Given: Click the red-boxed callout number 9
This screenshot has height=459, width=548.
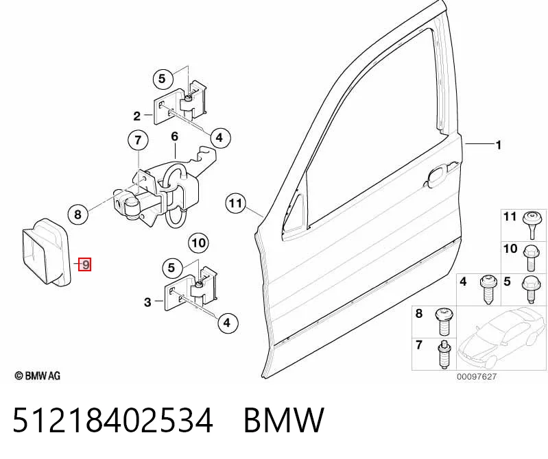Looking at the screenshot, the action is (x=85, y=264).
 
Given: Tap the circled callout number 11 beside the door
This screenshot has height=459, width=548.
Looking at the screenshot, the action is (x=235, y=203).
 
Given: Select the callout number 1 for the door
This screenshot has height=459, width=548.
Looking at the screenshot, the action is (x=499, y=145).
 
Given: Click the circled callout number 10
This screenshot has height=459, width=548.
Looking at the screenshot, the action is (x=198, y=243).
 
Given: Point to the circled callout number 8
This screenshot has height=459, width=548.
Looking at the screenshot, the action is (x=78, y=214).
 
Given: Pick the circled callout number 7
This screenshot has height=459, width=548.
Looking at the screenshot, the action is (x=138, y=140).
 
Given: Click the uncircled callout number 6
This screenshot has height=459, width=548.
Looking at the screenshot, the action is (x=174, y=136).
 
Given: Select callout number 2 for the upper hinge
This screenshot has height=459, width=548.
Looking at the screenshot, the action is (x=137, y=116).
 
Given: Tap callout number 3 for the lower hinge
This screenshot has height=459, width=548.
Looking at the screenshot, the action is (x=147, y=302).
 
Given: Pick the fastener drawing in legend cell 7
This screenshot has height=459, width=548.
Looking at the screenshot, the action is (x=443, y=354).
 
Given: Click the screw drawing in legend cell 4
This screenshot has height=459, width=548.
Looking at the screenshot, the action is (x=488, y=289).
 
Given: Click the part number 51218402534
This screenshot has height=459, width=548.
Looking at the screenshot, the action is (x=113, y=420).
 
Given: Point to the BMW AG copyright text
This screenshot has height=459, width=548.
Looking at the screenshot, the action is (x=38, y=375).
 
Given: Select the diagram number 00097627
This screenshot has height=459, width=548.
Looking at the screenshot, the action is (x=477, y=377).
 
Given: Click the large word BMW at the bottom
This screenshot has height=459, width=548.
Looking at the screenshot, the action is (x=284, y=420).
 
